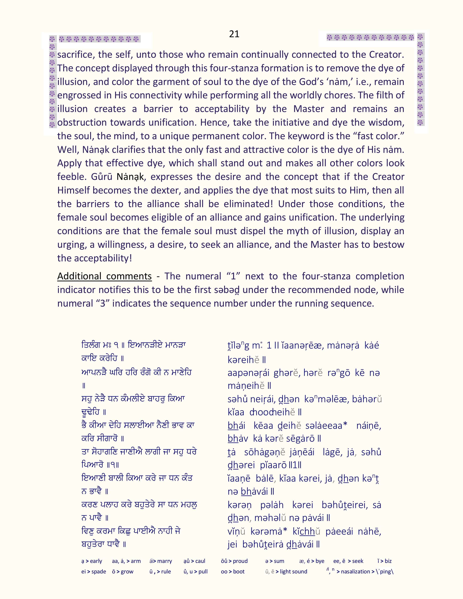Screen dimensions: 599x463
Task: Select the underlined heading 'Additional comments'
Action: point(104,276)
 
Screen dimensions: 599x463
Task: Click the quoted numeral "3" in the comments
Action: point(103,303)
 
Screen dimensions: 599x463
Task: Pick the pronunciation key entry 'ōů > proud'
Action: point(234,561)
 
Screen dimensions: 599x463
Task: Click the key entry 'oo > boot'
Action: point(233,572)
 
